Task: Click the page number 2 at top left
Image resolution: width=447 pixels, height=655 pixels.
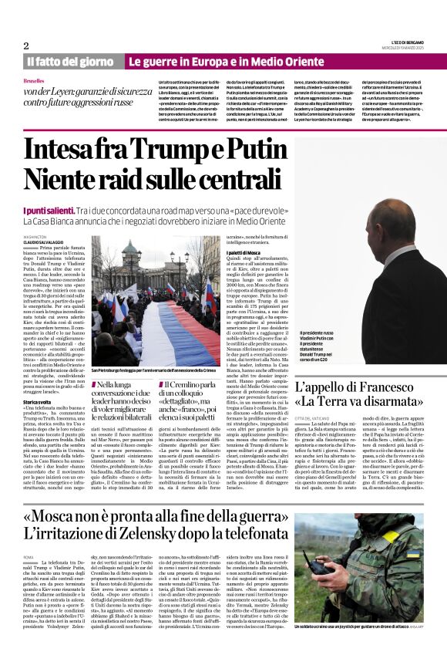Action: click(26, 45)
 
